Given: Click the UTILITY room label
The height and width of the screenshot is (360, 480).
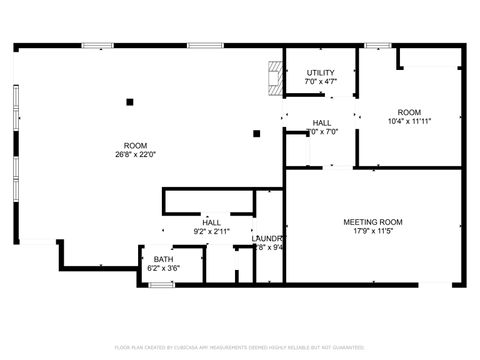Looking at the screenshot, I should pyautogui.click(x=321, y=72).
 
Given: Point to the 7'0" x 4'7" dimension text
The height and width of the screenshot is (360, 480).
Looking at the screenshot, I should pyautogui.click(x=321, y=81).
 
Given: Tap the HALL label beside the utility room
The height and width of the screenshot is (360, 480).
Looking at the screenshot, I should pyautogui.click(x=322, y=122).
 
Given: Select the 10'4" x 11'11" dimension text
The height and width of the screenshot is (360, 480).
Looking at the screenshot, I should pyautogui.click(x=409, y=121).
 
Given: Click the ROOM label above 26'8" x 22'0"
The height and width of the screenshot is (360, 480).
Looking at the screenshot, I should pyautogui.click(x=135, y=145).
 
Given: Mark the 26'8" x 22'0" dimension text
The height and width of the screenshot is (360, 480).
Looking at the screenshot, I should pyautogui.click(x=135, y=154).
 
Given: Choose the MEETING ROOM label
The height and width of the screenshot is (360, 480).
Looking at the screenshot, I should pyautogui.click(x=373, y=221).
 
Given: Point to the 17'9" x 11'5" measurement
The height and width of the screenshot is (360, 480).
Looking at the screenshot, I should pyautogui.click(x=373, y=230).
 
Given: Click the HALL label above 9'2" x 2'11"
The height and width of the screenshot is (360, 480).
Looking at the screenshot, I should pyautogui.click(x=211, y=222).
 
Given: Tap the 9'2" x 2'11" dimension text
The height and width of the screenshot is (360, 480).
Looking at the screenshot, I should pyautogui.click(x=211, y=231).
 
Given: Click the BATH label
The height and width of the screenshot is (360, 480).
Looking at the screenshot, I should pyautogui.click(x=162, y=259).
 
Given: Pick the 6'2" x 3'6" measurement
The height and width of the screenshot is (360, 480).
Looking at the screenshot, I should pyautogui.click(x=162, y=268).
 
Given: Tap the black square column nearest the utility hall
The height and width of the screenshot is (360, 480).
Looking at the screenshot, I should pyautogui.click(x=257, y=132).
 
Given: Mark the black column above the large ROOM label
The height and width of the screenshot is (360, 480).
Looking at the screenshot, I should pyautogui.click(x=130, y=100).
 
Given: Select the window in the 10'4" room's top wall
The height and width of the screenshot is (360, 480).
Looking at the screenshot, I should pyautogui.click(x=378, y=45).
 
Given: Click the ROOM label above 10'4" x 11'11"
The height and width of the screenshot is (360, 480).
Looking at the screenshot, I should pyautogui.click(x=409, y=112).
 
